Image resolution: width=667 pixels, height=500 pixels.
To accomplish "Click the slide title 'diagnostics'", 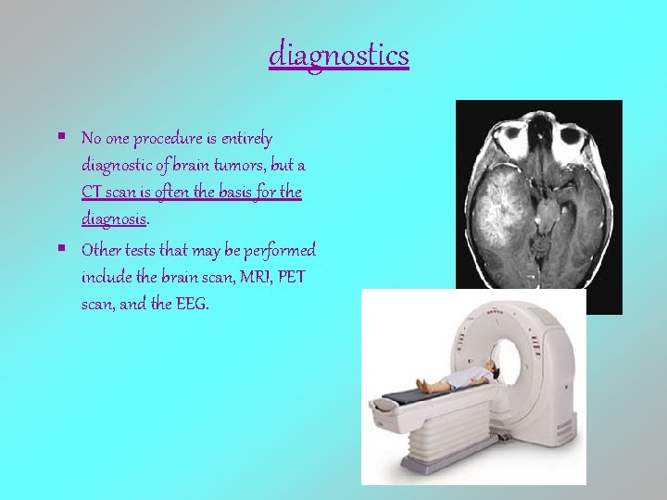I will pyautogui.click(x=339, y=56).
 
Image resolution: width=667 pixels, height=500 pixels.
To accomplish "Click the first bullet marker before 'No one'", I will pyautogui.click(x=60, y=135).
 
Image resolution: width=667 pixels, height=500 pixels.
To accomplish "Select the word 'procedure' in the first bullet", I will pyautogui.click(x=168, y=140).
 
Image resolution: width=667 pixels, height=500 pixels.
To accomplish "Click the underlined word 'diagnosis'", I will pyautogui.click(x=113, y=220).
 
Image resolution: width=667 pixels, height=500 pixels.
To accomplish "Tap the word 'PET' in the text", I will pyautogui.click(x=296, y=277).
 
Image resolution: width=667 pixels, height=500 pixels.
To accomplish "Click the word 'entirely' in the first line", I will pyautogui.click(x=245, y=140).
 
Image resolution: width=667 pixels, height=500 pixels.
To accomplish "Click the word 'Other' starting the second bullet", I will pyautogui.click(x=100, y=250).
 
